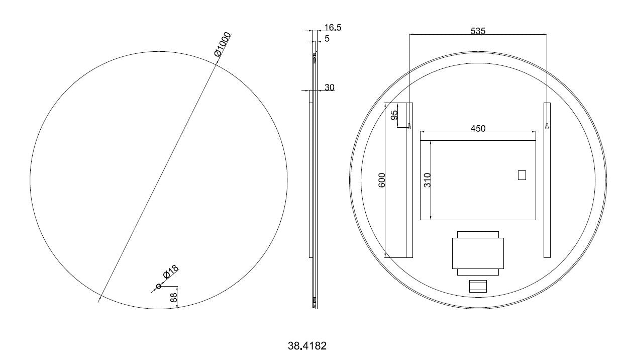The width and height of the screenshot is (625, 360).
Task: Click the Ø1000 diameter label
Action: pos(222,44)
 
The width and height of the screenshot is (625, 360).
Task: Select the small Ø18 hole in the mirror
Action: pos(159,287)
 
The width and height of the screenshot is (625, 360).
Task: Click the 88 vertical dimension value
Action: pos(174,297)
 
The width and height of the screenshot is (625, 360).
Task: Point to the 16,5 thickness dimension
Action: pos(333,28)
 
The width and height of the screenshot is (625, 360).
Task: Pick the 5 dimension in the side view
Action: pos(327,38)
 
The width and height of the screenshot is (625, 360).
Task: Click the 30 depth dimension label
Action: pos(330,87)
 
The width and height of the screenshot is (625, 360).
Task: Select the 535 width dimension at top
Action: pos(478,31)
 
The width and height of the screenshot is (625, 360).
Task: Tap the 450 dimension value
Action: pos(478,129)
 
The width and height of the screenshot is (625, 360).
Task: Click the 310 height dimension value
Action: pos(428,180)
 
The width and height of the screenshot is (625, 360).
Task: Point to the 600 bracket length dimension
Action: pos(382,180)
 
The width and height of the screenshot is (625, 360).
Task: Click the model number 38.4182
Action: pos(307,346)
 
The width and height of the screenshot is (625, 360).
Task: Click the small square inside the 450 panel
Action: pos(522,175)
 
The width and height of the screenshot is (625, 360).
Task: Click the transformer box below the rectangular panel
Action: pos(478,253)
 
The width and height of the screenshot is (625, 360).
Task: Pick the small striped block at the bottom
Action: pos(478,286)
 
